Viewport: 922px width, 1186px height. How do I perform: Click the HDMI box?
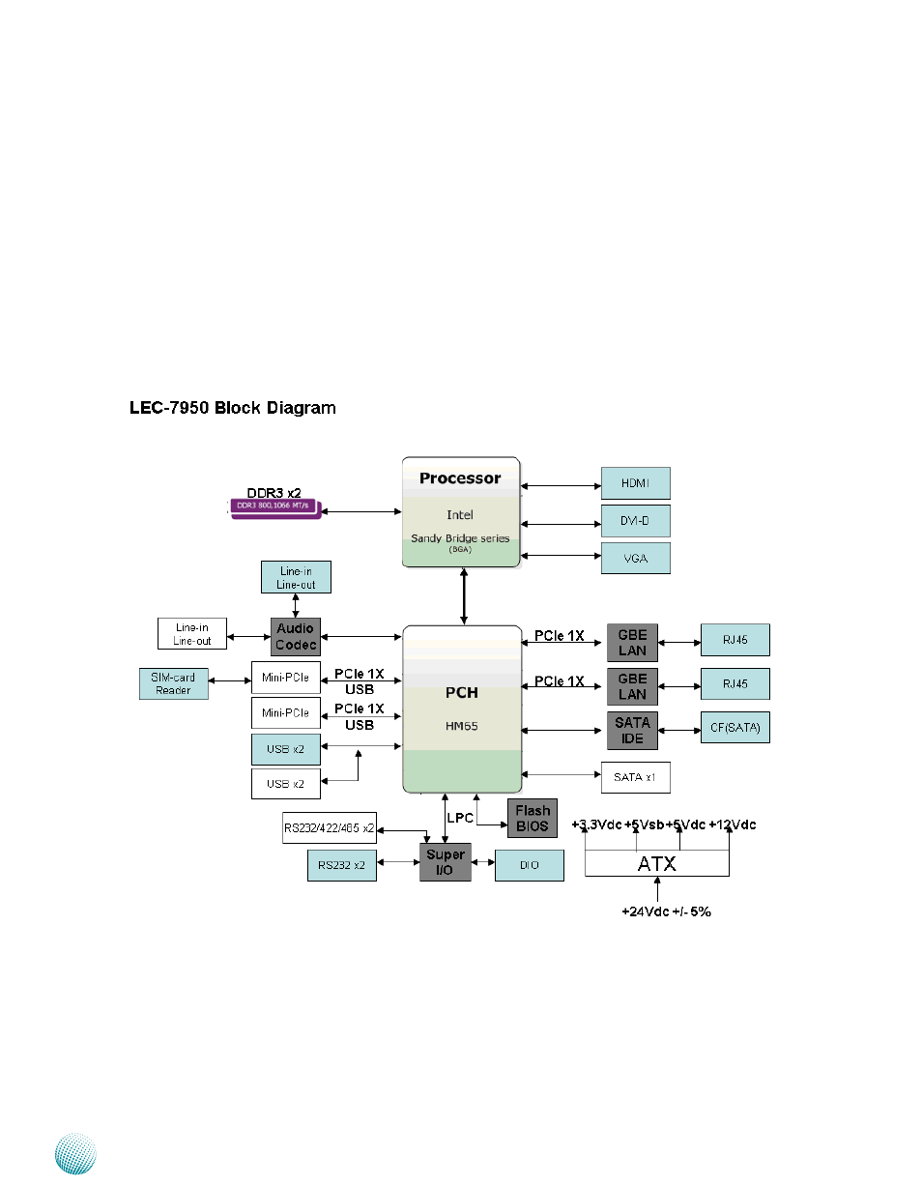point(635,483)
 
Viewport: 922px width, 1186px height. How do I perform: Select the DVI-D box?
point(635,521)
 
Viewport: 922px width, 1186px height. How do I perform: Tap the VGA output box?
point(635,558)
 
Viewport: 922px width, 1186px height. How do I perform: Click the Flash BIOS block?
point(533,818)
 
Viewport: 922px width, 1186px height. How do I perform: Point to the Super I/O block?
point(446,861)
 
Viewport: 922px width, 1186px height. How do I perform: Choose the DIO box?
point(529,865)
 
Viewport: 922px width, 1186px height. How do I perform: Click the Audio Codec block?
point(296,637)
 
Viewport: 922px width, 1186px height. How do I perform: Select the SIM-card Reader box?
point(174,683)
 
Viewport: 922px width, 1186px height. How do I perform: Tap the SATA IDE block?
point(632,731)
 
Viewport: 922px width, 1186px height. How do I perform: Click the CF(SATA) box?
point(735,727)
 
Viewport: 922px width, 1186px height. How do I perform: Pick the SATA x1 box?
point(635,777)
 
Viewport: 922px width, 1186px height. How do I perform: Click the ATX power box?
point(656,863)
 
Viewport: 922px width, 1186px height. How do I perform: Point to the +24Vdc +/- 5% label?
point(666,911)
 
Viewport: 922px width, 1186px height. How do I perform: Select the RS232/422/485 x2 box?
point(329,828)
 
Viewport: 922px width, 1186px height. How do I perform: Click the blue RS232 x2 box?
point(341,865)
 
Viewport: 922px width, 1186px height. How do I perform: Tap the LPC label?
point(461,818)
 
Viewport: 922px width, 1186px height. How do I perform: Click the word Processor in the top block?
point(460,478)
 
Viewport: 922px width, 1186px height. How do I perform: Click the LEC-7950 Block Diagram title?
point(233,408)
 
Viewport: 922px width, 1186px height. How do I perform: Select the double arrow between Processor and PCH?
point(464,596)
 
